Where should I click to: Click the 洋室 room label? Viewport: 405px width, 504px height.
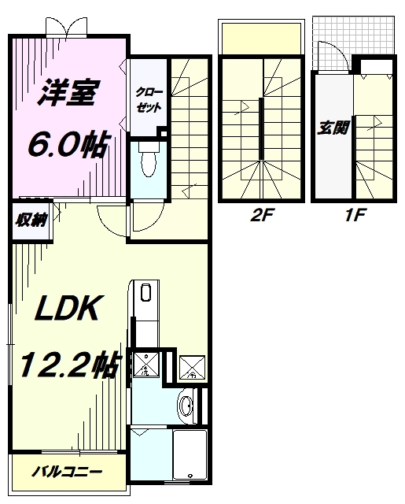(68, 94)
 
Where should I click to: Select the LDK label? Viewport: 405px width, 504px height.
(68, 309)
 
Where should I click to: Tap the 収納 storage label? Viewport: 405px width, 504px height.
(30, 220)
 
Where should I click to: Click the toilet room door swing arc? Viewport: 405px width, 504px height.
(110, 219)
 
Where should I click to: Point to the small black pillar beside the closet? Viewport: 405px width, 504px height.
(160, 131)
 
